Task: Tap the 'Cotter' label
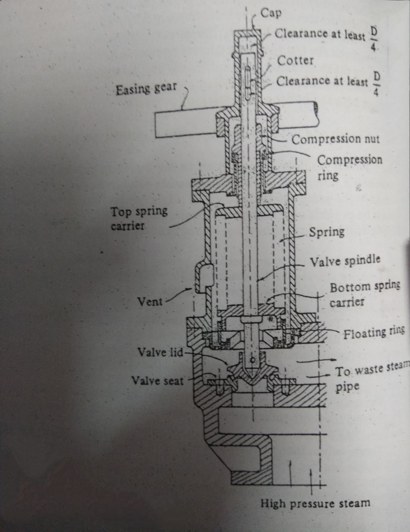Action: click(295, 61)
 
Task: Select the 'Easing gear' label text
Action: click(146, 89)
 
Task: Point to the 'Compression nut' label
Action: click(335, 139)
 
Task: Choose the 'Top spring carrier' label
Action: click(139, 218)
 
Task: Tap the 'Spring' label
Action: click(326, 231)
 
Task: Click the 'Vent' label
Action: click(150, 302)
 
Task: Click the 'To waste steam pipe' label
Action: click(370, 370)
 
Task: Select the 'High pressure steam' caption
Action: click(315, 503)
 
